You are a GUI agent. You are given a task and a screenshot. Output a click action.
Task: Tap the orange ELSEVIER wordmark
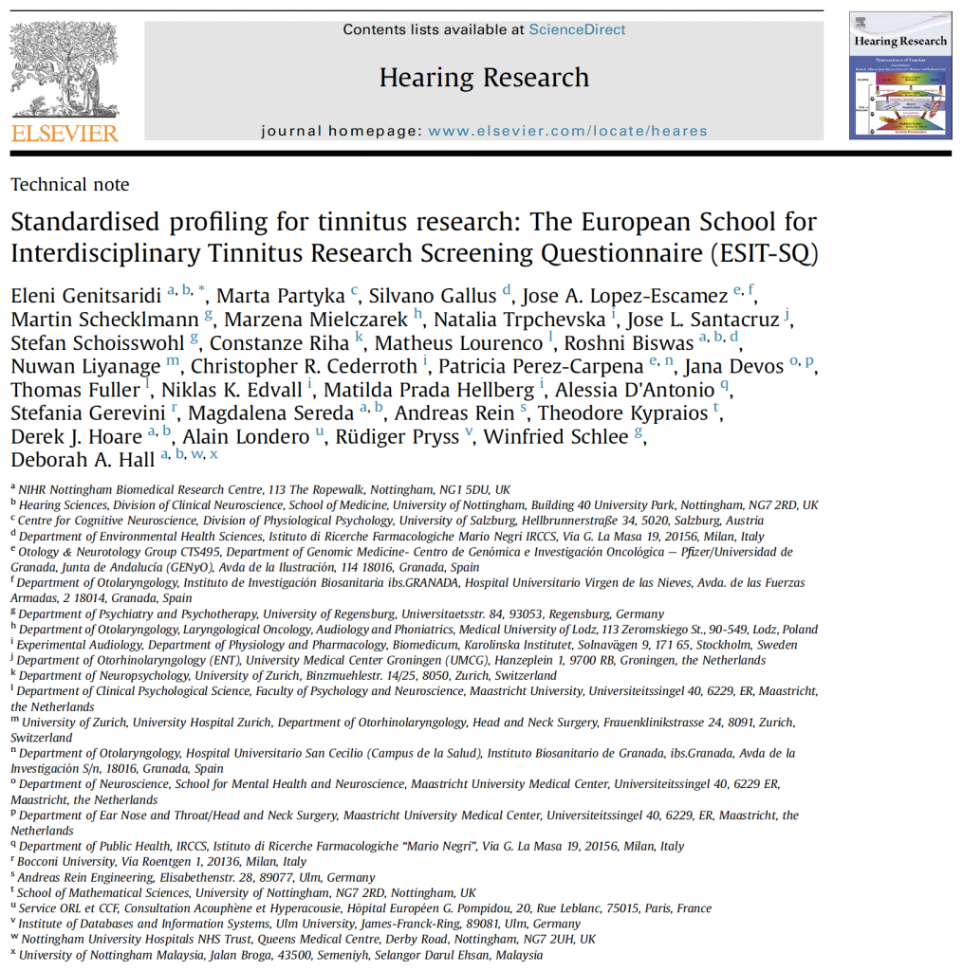pyautogui.click(x=65, y=133)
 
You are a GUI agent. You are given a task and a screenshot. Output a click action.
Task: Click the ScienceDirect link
pyautogui.click(x=577, y=29)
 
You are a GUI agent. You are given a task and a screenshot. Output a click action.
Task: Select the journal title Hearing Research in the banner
pyautogui.click(x=484, y=78)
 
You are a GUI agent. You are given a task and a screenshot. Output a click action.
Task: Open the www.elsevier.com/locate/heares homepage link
pyautogui.click(x=567, y=131)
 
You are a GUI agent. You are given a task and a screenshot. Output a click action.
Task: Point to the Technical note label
pyautogui.click(x=70, y=185)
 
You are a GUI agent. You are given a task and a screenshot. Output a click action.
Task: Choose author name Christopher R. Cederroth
pyautogui.click(x=305, y=365)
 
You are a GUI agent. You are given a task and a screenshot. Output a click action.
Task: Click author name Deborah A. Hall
pyautogui.click(x=83, y=460)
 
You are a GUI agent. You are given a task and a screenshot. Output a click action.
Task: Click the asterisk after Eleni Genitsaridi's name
pyautogui.click(x=201, y=289)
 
